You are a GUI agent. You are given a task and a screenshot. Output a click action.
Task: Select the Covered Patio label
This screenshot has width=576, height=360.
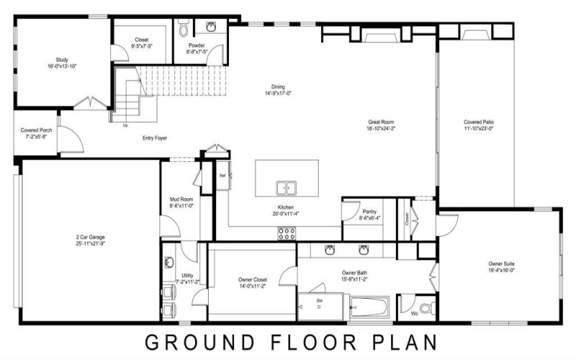click(478, 122)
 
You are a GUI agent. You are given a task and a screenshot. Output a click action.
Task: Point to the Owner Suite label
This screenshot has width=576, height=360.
click(502, 264)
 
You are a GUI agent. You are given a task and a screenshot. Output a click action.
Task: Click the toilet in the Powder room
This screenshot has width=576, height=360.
click(183, 30)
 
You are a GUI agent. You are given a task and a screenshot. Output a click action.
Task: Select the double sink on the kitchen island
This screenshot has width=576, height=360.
click(287, 188)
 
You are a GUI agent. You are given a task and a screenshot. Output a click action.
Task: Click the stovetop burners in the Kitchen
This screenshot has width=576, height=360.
click(287, 233)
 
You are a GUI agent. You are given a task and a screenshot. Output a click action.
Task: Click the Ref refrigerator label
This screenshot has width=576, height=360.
click(222, 175)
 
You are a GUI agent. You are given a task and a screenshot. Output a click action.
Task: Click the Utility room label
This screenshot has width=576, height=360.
click(187, 275)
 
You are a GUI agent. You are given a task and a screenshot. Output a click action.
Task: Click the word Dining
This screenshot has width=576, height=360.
click(278, 86)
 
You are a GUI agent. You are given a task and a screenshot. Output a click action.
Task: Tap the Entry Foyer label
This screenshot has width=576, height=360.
click(155, 137)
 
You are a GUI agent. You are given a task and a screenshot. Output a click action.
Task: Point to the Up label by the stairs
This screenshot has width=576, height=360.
click(127, 125)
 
